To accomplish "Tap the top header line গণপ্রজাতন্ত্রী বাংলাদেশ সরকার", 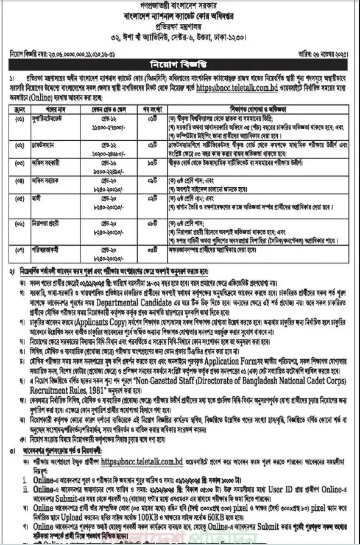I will pyautogui.click(x=180, y=5).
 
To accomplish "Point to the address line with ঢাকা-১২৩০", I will pyautogui.click(x=180, y=36).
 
